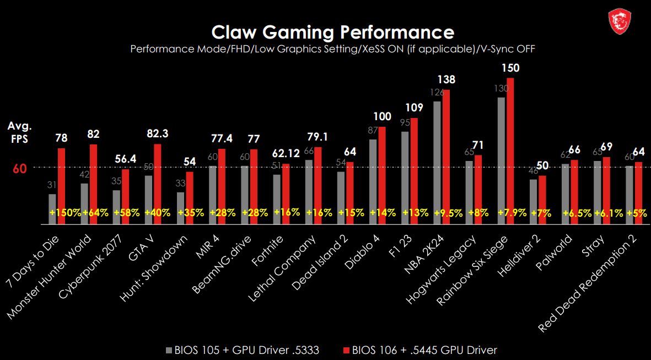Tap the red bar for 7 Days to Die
pos(61,182)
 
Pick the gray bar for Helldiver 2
pos(533,198)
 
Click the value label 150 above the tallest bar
pos(510,68)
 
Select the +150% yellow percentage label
pos(65,212)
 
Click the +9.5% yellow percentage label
pos(448,212)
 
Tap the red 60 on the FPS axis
pos(19,169)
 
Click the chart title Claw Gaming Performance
pos(333,31)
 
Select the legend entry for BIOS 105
pos(242,350)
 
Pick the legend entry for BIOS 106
pos(420,350)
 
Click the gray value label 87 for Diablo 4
pos(373,130)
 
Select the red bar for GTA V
pos(158,182)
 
